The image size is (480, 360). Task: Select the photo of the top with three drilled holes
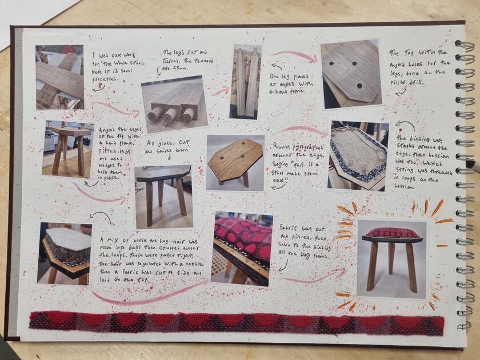[x=350, y=73]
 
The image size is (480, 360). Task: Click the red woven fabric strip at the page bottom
[x=236, y=323]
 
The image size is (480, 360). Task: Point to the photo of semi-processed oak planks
[x=59, y=77]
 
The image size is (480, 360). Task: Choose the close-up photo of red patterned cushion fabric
[x=242, y=247]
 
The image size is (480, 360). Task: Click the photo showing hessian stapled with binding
[x=358, y=155]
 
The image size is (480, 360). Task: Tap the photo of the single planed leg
[x=246, y=82]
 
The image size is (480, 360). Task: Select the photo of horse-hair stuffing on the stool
[x=65, y=253]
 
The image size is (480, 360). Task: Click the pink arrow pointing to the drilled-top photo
[x=294, y=55]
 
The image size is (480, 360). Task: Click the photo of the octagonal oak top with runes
[x=235, y=162]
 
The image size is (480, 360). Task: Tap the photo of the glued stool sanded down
[x=163, y=197]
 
